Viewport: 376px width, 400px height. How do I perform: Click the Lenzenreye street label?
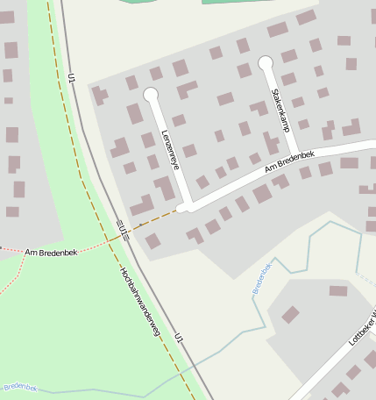[170, 150]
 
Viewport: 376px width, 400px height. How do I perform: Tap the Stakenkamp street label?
[280, 110]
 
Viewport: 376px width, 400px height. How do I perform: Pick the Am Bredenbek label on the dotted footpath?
[51, 252]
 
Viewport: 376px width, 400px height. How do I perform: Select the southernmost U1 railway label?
[180, 339]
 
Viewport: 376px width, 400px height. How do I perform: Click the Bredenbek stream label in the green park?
[19, 386]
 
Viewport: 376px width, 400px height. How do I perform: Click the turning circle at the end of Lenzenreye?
[150, 94]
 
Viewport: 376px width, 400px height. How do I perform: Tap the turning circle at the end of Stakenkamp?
[266, 63]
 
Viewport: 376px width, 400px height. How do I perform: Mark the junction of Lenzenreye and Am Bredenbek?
[185, 207]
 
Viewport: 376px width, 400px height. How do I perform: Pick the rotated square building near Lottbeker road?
[290, 314]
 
